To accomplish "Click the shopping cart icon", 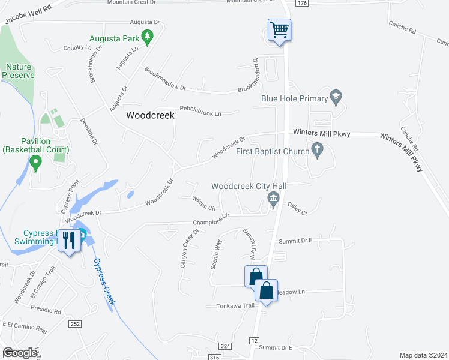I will tap(279, 29).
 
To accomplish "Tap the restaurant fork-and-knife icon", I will tap(69, 241).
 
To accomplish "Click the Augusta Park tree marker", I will tap(147, 39).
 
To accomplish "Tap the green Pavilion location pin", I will tap(35, 161).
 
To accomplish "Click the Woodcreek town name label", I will tap(150, 116).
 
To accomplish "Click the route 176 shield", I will tap(301, 4).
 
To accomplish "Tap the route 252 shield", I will tap(74, 324).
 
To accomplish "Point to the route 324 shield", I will tap(224, 346).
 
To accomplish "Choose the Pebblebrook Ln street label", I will tap(201, 113).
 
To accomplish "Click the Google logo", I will tap(20, 353).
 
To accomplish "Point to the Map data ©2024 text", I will tap(423, 355).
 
